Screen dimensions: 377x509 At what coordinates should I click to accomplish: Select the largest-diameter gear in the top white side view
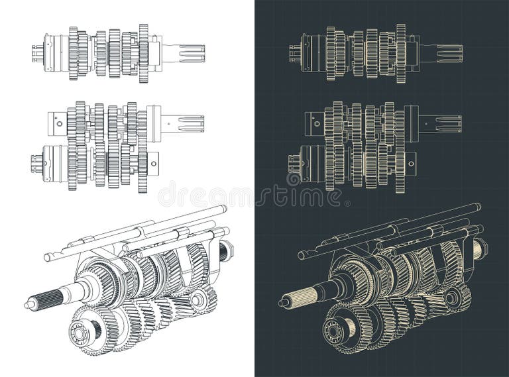tap(144, 53)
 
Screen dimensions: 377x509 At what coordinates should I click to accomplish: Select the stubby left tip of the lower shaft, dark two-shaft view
tap(292, 163)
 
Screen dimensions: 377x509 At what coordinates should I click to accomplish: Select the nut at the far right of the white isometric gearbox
tap(226, 250)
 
